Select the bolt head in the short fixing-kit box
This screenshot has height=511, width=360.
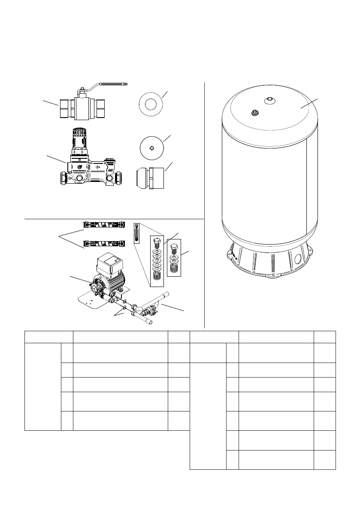[174, 248]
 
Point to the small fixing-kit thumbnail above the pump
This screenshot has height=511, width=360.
[137, 233]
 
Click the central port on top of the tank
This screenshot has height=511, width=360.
[269, 100]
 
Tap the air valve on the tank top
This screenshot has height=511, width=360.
[254, 113]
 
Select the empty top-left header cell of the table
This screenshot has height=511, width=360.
[48, 337]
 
